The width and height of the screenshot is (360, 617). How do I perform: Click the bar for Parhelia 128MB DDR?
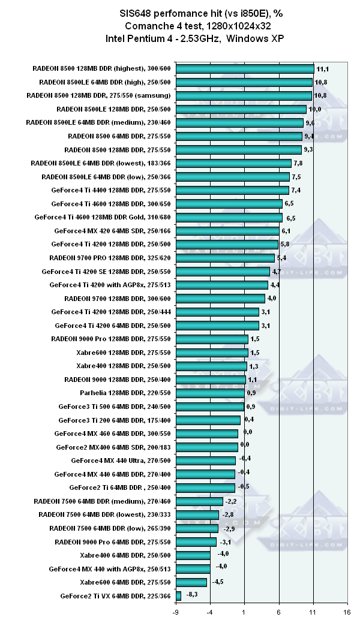click(210, 393)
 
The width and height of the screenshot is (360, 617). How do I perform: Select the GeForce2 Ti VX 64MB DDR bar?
click(178, 596)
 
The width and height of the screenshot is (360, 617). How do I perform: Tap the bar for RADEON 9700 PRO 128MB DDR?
click(225, 258)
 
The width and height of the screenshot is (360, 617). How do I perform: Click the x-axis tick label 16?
click(346, 612)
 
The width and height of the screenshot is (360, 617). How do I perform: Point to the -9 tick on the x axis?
click(175, 612)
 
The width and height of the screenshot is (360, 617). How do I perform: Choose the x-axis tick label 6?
click(278, 612)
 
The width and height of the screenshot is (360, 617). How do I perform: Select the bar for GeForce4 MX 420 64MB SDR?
click(227, 230)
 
